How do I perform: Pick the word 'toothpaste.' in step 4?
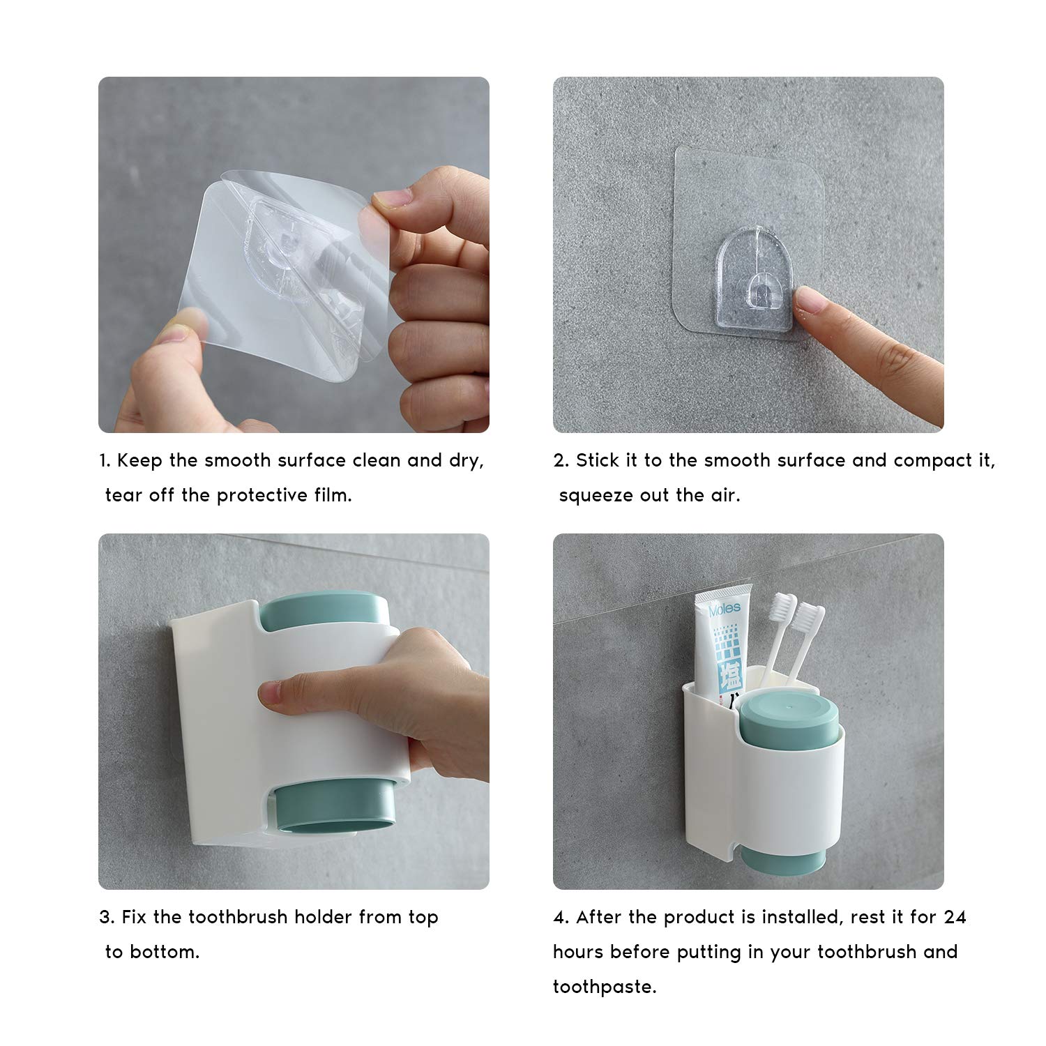[605, 987]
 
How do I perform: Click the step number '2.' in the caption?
[561, 461]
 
